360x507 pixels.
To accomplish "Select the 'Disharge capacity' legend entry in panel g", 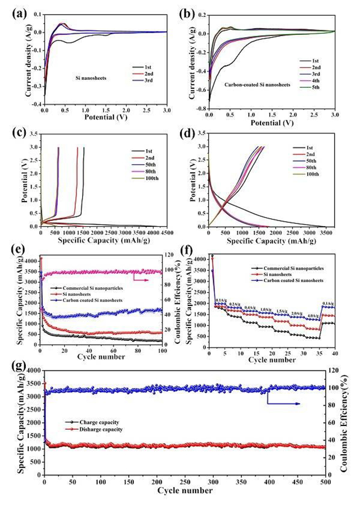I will point(103,429).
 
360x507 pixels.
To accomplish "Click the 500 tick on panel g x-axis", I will point(325,482).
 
